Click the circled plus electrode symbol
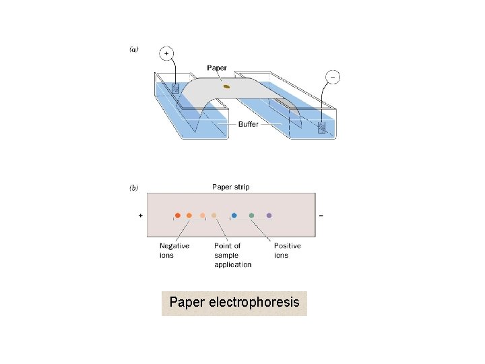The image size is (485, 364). click(x=166, y=53)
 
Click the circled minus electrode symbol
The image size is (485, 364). click(x=331, y=78)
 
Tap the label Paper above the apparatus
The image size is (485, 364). click(x=217, y=68)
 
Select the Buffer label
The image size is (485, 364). click(x=248, y=124)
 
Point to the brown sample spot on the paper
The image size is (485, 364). click(x=227, y=86)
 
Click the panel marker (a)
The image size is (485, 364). click(x=133, y=50)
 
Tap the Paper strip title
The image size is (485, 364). click(x=230, y=187)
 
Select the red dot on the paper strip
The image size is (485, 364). click(x=178, y=216)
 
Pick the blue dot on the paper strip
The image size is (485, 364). click(x=234, y=216)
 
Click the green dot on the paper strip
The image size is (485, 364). click(x=251, y=216)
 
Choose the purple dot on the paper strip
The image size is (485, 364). click(x=269, y=216)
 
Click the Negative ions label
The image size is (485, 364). click(x=174, y=250)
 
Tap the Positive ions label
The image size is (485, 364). click(x=287, y=250)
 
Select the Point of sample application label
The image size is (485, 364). click(x=232, y=255)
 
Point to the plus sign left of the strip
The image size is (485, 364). click(x=140, y=216)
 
